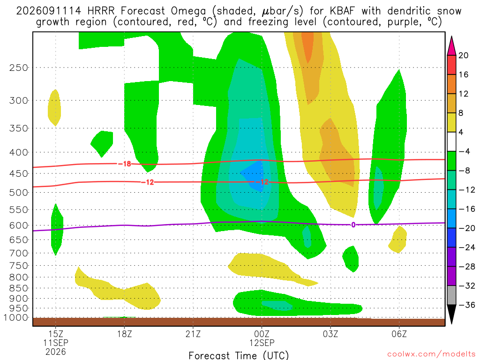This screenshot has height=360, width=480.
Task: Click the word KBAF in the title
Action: click(343, 11)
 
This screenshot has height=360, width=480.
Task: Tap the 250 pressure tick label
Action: click(19, 67)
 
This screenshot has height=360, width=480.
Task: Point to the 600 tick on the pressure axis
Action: click(19, 225)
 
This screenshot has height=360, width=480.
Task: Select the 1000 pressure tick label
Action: click(16, 317)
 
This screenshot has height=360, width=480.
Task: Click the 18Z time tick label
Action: click(124, 333)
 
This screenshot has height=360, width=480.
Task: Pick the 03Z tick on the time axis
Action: click(330, 333)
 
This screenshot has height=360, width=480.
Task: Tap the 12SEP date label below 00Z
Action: click(262, 343)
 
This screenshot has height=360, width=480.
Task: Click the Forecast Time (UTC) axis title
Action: click(239, 355)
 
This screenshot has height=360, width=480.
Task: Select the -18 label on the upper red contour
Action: click(125, 164)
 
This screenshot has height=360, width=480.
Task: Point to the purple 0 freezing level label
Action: click(353, 225)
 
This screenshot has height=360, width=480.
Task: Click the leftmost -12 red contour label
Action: click(148, 182)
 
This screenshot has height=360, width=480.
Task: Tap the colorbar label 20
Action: click(463, 55)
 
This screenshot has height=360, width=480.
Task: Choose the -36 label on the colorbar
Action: click(466, 305)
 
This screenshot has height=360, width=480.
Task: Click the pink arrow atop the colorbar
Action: click(451, 45)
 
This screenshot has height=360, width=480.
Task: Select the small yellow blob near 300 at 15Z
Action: click(54, 108)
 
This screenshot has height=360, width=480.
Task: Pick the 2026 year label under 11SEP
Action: click(56, 352)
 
